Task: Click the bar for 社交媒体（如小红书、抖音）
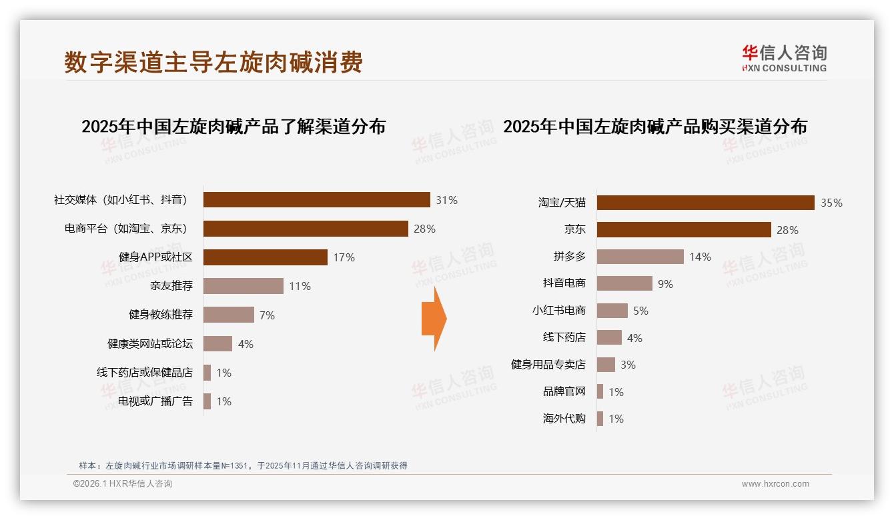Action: click(316, 200)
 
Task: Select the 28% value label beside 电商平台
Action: click(424, 229)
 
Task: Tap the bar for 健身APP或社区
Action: click(265, 257)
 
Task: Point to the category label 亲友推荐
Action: click(171, 286)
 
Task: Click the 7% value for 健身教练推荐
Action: click(267, 315)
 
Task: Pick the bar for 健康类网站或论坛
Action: click(217, 344)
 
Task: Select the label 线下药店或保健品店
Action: click(145, 373)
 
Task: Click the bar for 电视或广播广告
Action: click(207, 401)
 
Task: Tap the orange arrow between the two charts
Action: click(434, 319)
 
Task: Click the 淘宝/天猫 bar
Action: click(705, 203)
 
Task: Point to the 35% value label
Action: click(831, 203)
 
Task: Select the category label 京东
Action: click(574, 229)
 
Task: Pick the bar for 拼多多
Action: click(640, 257)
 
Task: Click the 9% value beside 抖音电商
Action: click(665, 284)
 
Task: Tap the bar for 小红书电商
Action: click(612, 311)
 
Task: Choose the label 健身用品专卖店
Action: click(548, 365)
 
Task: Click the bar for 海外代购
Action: click(600, 419)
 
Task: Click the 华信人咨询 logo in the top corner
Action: click(784, 58)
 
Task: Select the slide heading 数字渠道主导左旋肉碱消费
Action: click(213, 62)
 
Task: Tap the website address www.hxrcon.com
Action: click(775, 484)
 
